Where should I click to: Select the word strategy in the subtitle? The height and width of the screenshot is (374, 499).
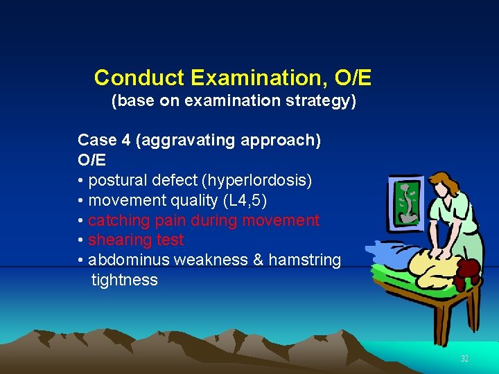click(x=319, y=102)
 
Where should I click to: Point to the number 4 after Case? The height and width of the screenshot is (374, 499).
click(x=125, y=141)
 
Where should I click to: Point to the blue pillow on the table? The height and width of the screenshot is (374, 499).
click(x=388, y=249)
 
